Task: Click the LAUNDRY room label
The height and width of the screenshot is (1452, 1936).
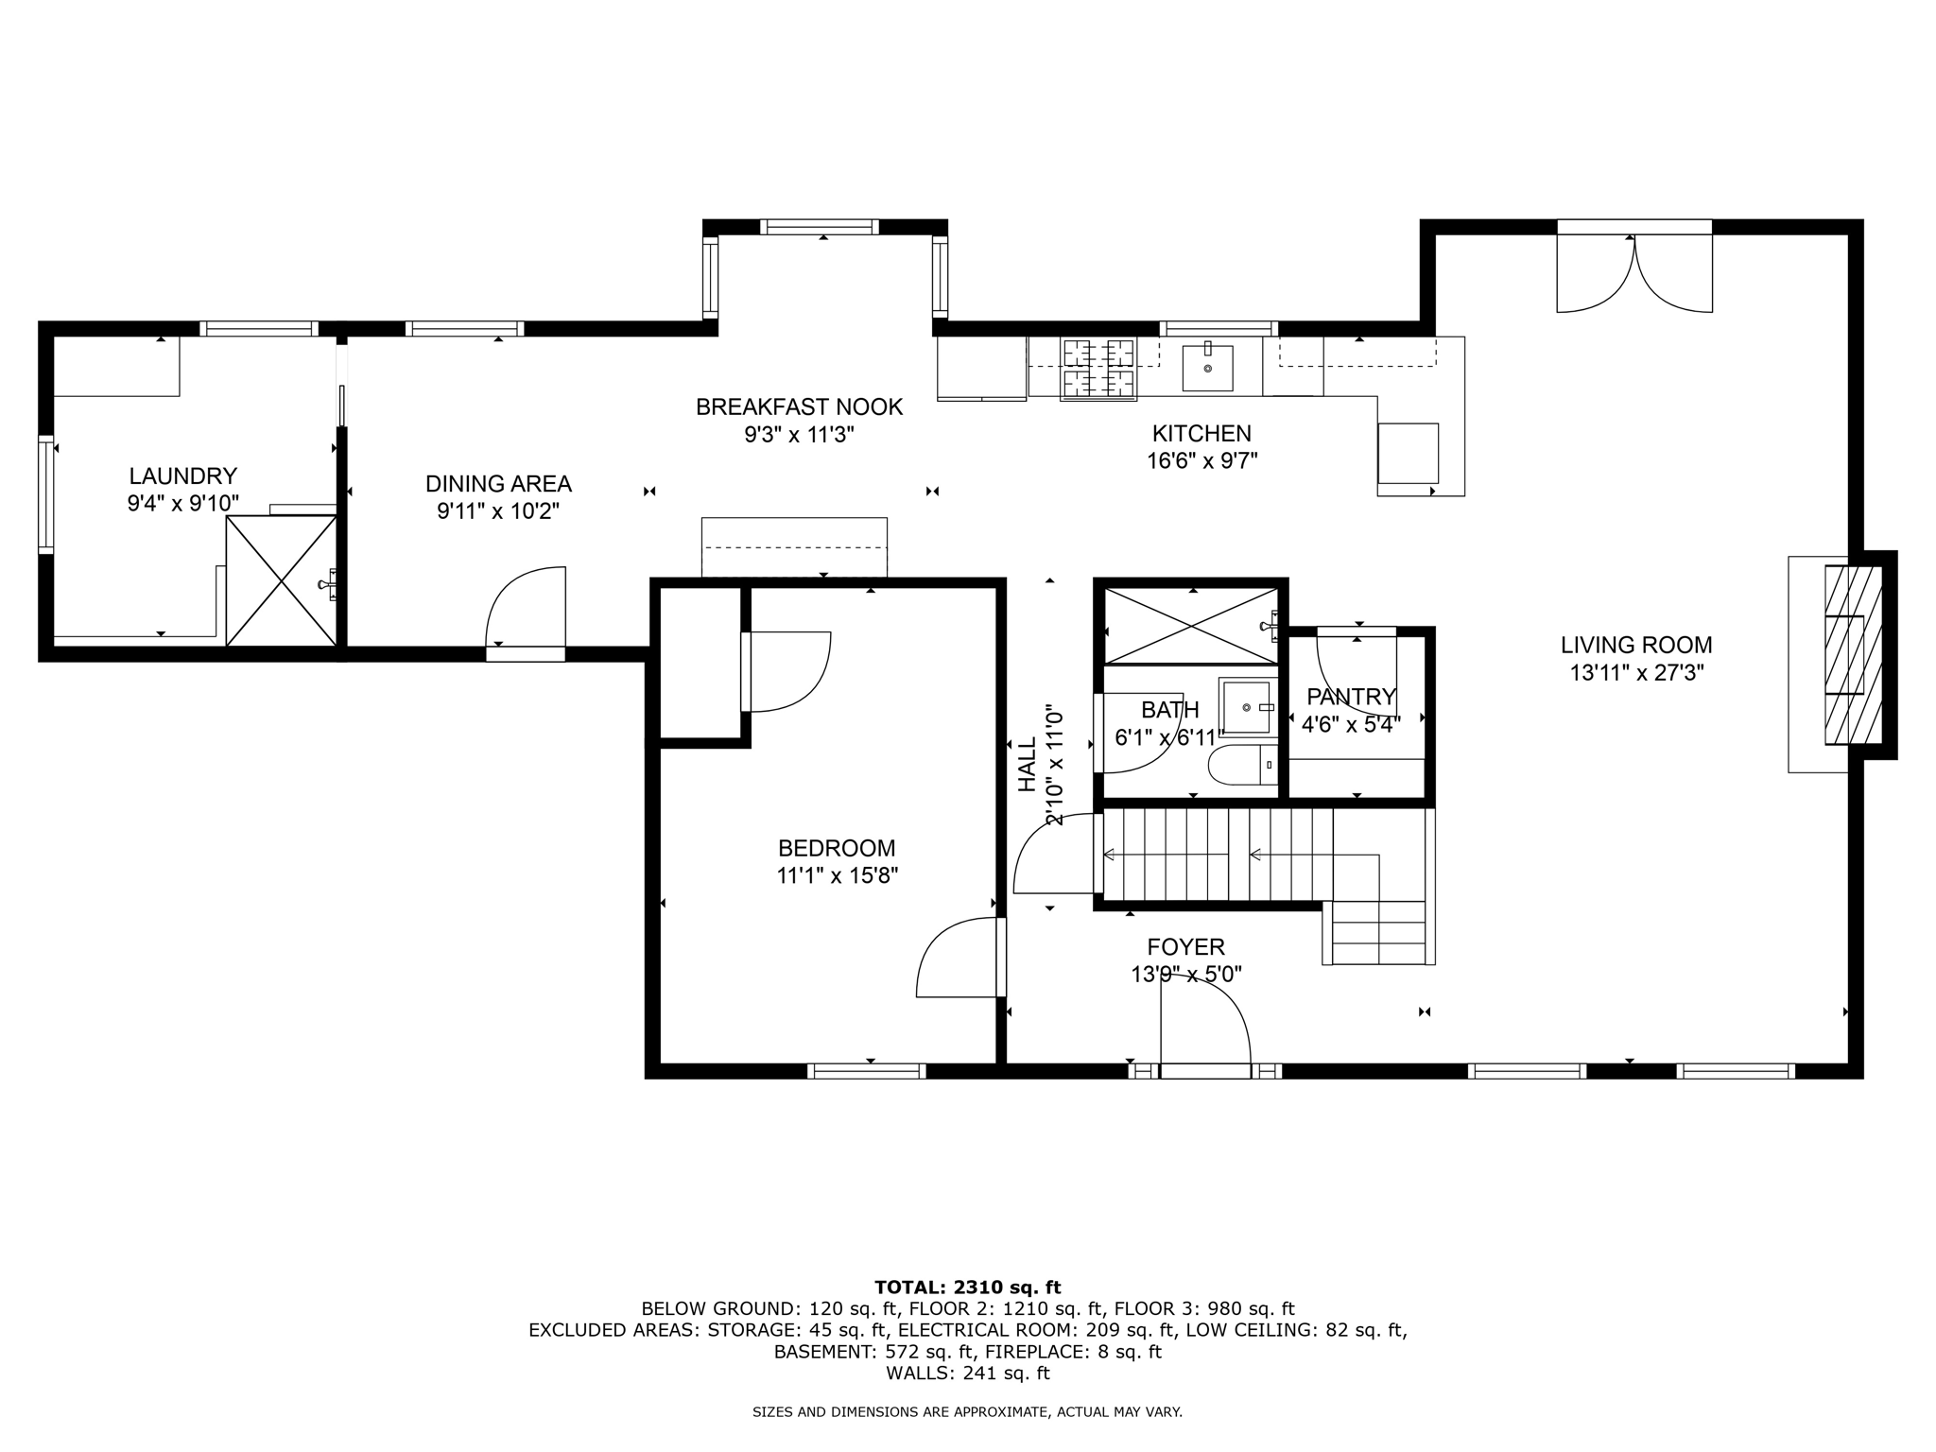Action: (182, 475)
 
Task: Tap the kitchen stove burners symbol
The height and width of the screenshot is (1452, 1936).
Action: (1098, 368)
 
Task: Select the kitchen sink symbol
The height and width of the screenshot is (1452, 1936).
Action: (1207, 368)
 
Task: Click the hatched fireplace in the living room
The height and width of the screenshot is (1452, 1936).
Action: (1851, 655)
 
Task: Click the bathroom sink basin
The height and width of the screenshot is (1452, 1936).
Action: (1247, 706)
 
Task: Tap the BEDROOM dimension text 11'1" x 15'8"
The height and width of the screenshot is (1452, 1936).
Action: (837, 875)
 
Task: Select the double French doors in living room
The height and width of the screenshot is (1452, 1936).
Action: (1634, 274)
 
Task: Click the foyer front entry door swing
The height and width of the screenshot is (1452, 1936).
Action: (1205, 1030)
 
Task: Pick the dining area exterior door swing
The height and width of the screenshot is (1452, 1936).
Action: (526, 607)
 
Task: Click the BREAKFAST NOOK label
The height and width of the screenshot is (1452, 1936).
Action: (799, 406)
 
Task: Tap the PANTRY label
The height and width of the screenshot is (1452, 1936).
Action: (1351, 697)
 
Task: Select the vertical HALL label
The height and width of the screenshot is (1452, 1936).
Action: (1027, 764)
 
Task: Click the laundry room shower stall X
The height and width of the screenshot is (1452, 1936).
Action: (282, 580)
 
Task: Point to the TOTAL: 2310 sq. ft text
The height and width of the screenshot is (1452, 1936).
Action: (967, 1287)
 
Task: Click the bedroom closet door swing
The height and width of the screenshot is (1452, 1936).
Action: (787, 671)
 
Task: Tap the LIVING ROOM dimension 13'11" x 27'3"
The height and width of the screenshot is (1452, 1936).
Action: (1636, 673)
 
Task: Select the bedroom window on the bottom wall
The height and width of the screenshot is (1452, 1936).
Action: (867, 1070)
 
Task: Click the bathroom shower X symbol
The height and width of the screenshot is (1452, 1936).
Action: (1191, 625)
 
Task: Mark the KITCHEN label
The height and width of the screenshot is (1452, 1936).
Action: (1201, 433)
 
